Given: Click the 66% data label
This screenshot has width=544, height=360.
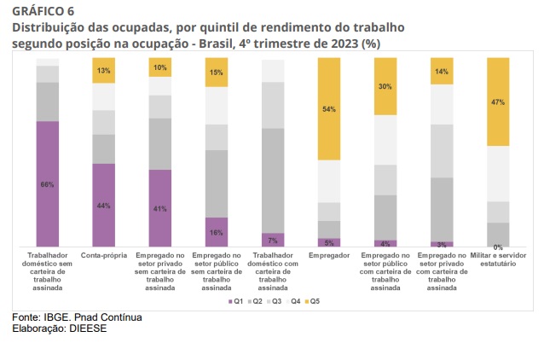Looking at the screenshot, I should coord(47,184).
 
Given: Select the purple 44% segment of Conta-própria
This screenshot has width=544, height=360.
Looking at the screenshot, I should coord(103,205).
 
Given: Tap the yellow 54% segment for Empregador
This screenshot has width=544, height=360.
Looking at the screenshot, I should coord(328,109).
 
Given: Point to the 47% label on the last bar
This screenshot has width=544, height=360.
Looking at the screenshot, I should coord(498,102).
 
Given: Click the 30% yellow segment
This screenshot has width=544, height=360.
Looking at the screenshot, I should coord(385,86).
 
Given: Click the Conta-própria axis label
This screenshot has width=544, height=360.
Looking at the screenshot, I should coord(103,255).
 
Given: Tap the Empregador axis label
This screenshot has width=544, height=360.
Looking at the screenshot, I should coord(328,255).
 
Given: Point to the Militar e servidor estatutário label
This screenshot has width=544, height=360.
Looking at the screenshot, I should coord(498,259).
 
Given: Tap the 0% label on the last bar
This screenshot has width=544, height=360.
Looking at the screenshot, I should coord(498,247).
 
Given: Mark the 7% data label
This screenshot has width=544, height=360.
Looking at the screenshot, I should coord(273,241).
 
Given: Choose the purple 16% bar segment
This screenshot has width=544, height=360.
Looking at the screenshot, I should coord(217,232).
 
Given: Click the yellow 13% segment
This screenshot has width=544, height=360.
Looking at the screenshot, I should coord(103,70).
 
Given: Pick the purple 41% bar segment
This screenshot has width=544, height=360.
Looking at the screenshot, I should coord(160,208).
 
